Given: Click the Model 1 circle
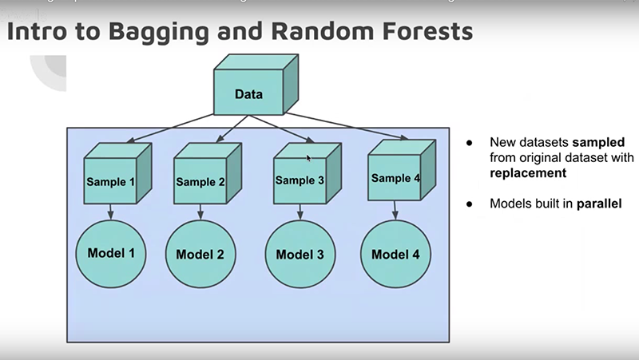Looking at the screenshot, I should pos(109,254).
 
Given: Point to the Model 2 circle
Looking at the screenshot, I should pos(200,255).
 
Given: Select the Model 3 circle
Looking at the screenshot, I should pos(300,255).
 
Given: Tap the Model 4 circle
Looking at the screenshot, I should pos(395,254).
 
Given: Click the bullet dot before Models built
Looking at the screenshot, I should pos(470,204).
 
